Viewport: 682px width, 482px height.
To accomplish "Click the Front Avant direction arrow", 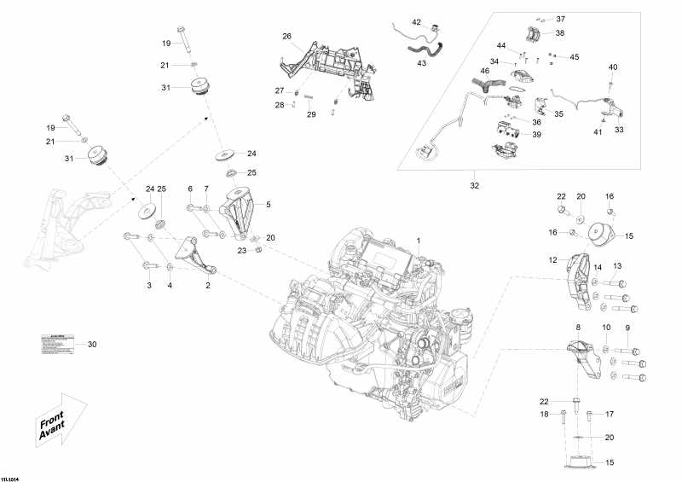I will (62, 421).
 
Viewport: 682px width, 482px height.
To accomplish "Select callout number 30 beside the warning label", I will (93, 345).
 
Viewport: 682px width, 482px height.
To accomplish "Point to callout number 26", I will (286, 36).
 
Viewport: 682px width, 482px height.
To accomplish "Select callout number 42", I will (417, 22).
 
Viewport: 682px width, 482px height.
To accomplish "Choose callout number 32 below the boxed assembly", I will (474, 183).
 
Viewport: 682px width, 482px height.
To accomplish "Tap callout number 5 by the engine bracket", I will (268, 205).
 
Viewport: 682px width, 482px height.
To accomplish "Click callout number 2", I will (207, 286).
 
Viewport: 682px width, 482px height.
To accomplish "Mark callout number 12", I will (553, 260).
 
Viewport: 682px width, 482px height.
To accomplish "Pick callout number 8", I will (578, 328).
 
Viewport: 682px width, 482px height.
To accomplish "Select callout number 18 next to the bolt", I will (543, 415).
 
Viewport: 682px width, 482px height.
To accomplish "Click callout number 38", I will (559, 33).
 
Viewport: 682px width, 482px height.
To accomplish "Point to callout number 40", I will (612, 67).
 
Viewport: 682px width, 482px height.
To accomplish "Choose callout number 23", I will (242, 251).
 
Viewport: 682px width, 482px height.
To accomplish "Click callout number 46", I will (484, 71).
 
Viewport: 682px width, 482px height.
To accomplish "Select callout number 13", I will (617, 265).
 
